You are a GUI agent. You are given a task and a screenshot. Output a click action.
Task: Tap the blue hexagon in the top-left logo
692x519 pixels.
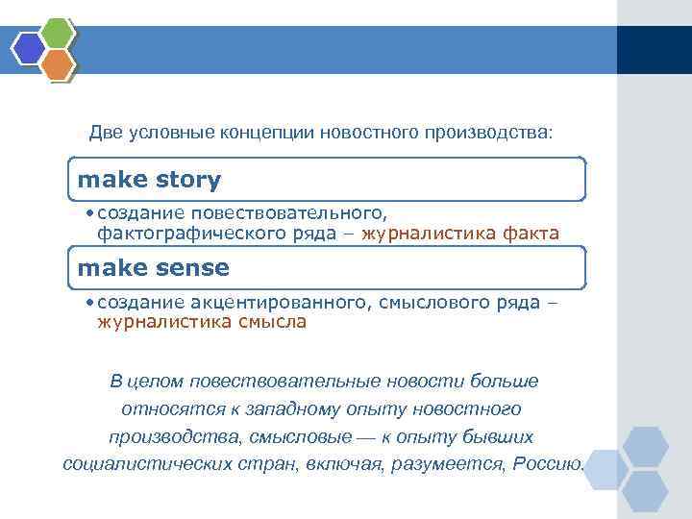[x=30, y=47]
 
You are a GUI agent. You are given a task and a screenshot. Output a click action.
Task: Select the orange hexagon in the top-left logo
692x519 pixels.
[x=58, y=63]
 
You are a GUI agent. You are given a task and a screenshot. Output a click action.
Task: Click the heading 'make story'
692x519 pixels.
[x=149, y=180]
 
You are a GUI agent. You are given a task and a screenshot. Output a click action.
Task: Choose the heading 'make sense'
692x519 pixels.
[x=154, y=268]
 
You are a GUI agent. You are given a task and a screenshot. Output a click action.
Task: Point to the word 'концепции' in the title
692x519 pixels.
[x=266, y=132]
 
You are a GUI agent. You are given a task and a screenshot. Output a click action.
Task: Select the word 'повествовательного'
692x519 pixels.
[x=288, y=211]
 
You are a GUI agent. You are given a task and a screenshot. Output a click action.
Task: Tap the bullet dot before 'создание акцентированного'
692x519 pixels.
[x=88, y=302]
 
